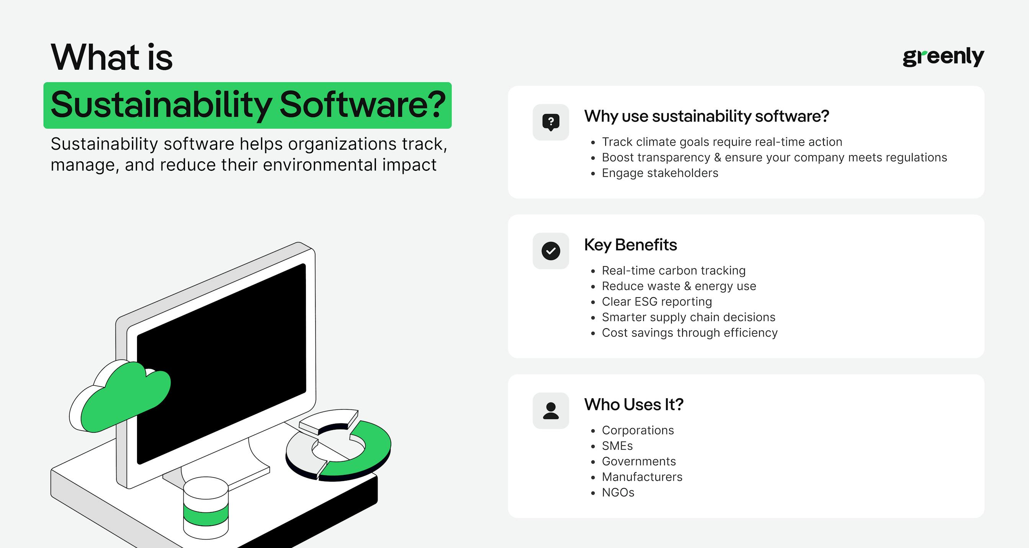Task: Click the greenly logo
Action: (x=943, y=57)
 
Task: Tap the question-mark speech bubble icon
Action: (x=550, y=122)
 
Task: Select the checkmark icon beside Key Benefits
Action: (x=550, y=251)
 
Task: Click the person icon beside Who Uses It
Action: (x=550, y=411)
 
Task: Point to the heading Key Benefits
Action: (x=630, y=245)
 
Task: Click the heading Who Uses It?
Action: (x=634, y=404)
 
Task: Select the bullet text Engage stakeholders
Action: (x=660, y=173)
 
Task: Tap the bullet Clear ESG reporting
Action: (x=657, y=302)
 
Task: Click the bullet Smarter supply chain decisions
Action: (x=688, y=317)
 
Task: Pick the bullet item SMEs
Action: (x=617, y=446)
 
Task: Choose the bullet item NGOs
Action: (x=617, y=492)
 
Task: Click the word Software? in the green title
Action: (x=362, y=105)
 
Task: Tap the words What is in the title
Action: (x=111, y=57)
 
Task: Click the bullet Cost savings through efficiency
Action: (x=689, y=333)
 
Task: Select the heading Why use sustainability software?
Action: (x=706, y=116)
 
